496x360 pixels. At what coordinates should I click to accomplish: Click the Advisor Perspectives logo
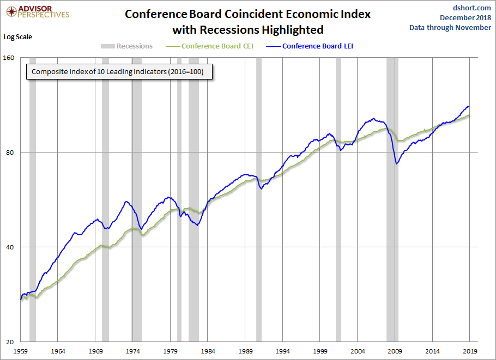pyautogui.click(x=38, y=12)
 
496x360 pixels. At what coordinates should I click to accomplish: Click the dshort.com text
pyautogui.click(x=471, y=8)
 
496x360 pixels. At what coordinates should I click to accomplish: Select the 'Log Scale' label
pyautogui.click(x=17, y=36)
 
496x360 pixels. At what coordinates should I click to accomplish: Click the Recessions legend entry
pyautogui.click(x=126, y=46)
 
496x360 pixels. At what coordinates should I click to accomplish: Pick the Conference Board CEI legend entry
pyautogui.click(x=210, y=46)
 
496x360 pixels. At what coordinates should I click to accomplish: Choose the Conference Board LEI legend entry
pyautogui.click(x=310, y=46)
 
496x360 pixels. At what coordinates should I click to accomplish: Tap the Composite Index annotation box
pyautogui.click(x=119, y=72)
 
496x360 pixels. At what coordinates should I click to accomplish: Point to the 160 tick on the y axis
pyautogui.click(x=9, y=58)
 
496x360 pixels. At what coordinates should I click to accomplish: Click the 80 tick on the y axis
pyautogui.click(x=10, y=152)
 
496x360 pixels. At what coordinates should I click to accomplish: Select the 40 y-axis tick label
pyautogui.click(x=10, y=247)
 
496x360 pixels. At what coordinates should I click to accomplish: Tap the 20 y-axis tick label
pyautogui.click(x=10, y=342)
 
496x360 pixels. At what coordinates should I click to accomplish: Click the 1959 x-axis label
pyautogui.click(x=21, y=351)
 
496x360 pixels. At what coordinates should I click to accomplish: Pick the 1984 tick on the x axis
pyautogui.click(x=208, y=351)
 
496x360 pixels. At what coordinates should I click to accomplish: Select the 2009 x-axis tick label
pyautogui.click(x=395, y=351)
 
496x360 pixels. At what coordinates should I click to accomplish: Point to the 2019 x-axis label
pyautogui.click(x=470, y=351)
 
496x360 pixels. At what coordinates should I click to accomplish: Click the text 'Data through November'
pyautogui.click(x=450, y=27)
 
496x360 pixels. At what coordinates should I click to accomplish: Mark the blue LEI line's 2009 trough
pyautogui.click(x=396, y=164)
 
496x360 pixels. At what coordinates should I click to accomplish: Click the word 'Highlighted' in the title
pyautogui.click(x=293, y=30)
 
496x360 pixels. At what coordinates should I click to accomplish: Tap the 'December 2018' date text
pyautogui.click(x=465, y=17)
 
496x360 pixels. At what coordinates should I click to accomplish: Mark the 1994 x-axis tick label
pyautogui.click(x=282, y=351)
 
